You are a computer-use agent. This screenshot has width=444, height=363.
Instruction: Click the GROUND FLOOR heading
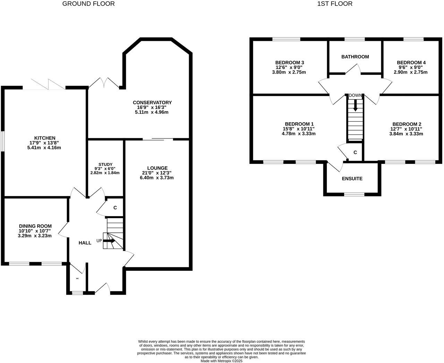pos(88,4)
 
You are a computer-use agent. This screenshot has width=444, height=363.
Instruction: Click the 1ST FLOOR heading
pos(335,4)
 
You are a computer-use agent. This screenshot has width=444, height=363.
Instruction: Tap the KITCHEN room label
pos(44,138)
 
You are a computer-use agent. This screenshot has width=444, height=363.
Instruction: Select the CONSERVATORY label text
pos(152,103)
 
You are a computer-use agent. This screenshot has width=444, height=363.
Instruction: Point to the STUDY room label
pos(105,165)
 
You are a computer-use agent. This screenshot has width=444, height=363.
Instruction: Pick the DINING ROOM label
pos(35,226)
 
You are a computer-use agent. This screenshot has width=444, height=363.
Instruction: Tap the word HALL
pos(85,243)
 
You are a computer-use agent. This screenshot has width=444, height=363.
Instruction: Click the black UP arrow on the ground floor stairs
pos(109,241)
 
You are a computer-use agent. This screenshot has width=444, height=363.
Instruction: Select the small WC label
pos(77,278)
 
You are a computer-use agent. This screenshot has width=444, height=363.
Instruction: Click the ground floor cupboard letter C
pos(115,208)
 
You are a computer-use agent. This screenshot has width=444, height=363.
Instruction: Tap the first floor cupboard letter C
pos(355,152)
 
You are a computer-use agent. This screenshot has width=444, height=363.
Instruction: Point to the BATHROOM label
pos(355,56)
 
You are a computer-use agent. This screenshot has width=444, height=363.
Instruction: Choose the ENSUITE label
pos(352,179)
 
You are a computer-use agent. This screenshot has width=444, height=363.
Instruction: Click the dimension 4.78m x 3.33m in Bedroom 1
pos(299,134)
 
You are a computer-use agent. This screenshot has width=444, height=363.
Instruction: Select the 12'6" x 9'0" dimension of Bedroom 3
pos(290,68)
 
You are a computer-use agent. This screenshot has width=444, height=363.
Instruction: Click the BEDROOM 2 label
pos(407,124)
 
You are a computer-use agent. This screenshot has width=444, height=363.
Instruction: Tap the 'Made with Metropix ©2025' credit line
pos(222,361)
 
